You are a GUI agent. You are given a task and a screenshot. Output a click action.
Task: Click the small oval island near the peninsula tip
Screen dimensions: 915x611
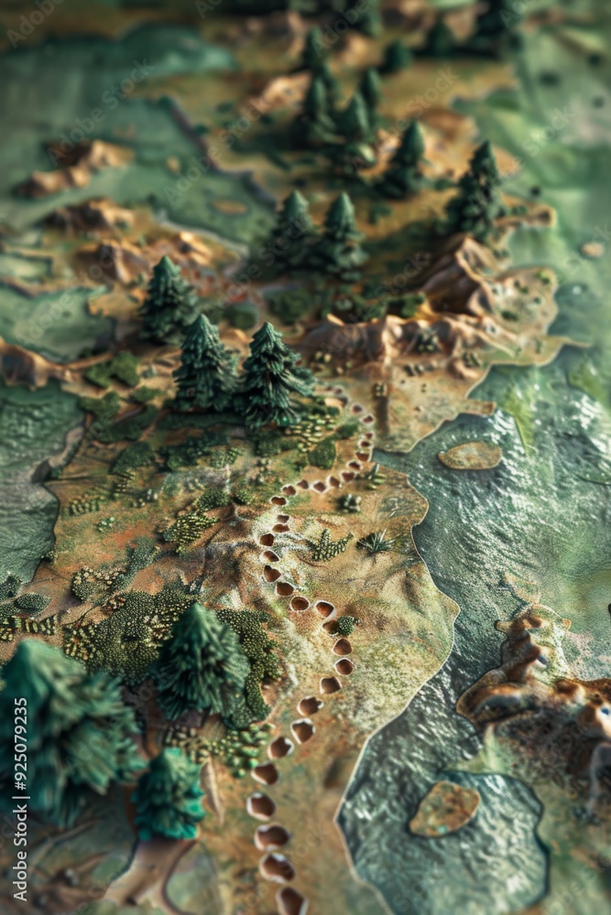pos(470,455)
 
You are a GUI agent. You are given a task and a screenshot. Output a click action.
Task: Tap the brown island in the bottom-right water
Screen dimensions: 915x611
pos(444,808)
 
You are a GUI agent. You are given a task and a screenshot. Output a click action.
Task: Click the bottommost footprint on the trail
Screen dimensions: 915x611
pos(291,901)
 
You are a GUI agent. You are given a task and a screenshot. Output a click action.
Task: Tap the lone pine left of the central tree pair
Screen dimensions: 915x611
pos(168,300)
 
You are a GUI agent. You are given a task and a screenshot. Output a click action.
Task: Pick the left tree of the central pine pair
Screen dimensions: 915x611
pos(203,364)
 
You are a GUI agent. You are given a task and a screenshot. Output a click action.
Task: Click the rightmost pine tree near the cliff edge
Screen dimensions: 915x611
pos(476,192)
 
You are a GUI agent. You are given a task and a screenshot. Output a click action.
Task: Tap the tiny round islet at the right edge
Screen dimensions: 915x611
pos(593,248)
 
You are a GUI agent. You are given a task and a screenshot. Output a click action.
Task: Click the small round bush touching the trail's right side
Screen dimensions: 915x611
pos(345,626)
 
